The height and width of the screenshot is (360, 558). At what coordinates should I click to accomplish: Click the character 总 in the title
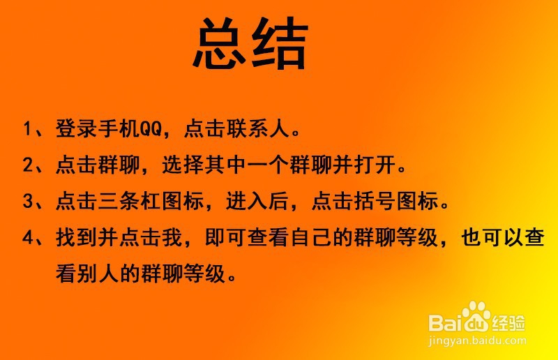[221, 43]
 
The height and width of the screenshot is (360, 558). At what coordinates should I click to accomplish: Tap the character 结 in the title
[280, 43]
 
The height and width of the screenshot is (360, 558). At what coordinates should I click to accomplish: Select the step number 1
[28, 130]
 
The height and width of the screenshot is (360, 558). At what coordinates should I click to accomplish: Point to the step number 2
[28, 166]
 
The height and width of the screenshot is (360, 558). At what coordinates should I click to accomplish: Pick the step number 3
[28, 202]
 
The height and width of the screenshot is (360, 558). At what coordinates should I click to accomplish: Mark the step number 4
[28, 238]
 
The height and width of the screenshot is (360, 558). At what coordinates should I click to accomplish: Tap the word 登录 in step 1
[73, 130]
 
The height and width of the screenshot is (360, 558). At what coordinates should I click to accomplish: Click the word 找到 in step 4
[73, 238]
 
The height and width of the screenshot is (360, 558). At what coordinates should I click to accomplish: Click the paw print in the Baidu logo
[477, 317]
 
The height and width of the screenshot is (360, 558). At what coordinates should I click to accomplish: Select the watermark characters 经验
[510, 323]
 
